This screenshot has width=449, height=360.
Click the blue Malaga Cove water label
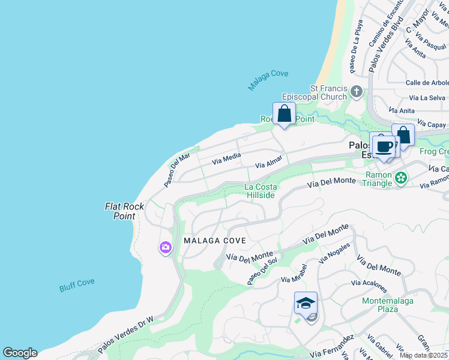coord(268,80)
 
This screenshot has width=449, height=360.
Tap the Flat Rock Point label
coord(125,211)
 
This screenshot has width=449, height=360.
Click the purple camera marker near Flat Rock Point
coord(166,247)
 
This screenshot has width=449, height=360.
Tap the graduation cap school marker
coord(306,303)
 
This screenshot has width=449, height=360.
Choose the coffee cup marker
coord(384,146)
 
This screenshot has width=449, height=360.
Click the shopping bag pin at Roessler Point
coord(284,114)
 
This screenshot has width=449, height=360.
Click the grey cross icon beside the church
coord(357,92)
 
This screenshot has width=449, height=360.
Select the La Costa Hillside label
coord(261,191)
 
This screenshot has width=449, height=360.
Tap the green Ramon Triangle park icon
coord(401,178)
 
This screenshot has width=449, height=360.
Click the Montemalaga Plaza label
coord(388,305)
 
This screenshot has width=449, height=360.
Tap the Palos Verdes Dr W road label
coord(126,334)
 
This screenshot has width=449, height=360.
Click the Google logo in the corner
coord(20,353)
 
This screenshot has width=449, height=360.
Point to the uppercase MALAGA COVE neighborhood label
coord(214,241)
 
